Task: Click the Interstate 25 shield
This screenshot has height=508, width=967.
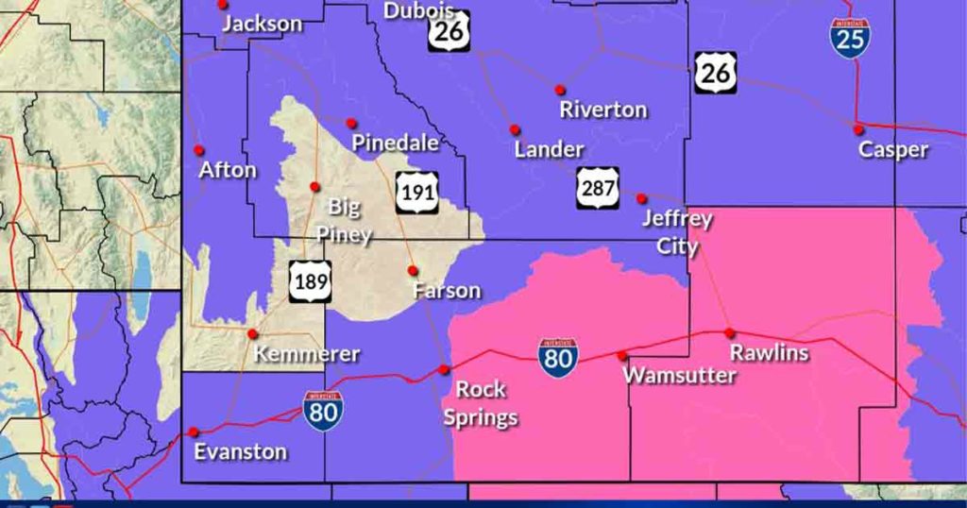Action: point(851,38)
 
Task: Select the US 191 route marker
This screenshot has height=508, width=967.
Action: point(416,192)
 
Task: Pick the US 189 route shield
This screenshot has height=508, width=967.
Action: point(310,281)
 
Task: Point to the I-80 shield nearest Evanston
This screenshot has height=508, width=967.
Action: point(323,412)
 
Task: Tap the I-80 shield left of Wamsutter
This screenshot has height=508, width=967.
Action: point(559,358)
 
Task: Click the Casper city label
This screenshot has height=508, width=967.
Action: point(892,149)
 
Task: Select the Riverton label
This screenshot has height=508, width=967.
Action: point(603,110)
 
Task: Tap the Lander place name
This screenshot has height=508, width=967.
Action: point(549,149)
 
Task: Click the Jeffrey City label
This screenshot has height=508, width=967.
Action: point(676,232)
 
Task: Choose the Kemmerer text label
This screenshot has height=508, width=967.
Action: point(307,354)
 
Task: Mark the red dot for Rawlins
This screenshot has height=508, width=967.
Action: point(729,332)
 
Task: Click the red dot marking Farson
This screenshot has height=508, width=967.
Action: point(413,271)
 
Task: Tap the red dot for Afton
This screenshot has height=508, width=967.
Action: point(199,150)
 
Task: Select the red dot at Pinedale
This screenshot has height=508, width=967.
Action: point(351,123)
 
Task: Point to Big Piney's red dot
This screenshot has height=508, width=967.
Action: point(315,187)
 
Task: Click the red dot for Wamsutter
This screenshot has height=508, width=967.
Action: point(621,356)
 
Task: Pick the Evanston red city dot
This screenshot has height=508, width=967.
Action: point(194,432)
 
